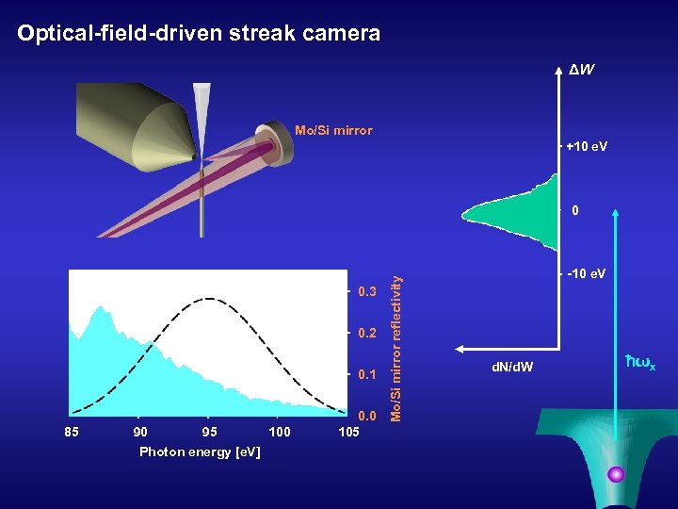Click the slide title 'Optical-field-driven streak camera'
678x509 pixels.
point(199,34)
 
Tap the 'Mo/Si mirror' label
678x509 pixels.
point(333,130)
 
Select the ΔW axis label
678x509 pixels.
point(580,71)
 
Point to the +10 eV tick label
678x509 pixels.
point(589,147)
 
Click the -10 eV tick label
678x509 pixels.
point(588,274)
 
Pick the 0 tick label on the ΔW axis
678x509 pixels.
point(576,211)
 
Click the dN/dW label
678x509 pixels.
point(512,366)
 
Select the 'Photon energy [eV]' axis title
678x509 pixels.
point(200,452)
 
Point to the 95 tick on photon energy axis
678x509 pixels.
point(209,432)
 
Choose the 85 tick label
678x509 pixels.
point(72,432)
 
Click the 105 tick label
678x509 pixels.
point(348,432)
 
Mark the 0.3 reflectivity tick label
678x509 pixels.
point(367,291)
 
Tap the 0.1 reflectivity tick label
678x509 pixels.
point(367,375)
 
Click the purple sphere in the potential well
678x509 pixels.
point(617,474)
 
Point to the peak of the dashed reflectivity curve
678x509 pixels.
point(208,299)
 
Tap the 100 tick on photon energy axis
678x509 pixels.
point(279,432)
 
